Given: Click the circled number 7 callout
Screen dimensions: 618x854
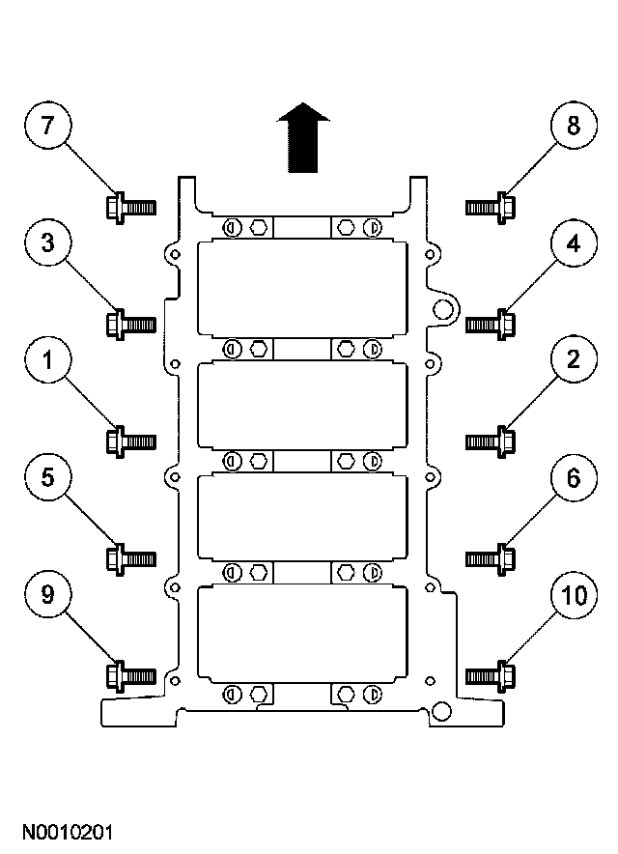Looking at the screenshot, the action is (48, 125).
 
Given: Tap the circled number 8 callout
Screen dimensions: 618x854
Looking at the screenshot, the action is (574, 125).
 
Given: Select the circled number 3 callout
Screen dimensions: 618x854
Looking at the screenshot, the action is (48, 242).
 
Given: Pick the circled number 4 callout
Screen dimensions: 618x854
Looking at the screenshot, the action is (574, 242).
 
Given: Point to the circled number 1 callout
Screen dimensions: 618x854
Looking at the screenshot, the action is (48, 360).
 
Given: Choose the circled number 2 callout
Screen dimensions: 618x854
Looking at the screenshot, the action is (574, 360).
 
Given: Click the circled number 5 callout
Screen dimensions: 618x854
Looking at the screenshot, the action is (48, 477).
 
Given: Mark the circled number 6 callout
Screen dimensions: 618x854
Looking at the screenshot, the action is (574, 477).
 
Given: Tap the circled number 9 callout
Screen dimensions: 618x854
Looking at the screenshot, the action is (48, 595).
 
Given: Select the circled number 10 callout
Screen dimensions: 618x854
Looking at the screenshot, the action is (574, 595).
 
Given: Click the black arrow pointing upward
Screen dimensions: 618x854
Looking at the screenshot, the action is (303, 137).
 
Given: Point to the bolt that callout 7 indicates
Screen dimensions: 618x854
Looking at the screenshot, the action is (130, 208).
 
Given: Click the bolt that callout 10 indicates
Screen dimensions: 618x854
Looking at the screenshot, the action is (491, 677).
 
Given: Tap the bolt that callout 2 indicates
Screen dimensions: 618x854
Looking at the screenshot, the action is (491, 441).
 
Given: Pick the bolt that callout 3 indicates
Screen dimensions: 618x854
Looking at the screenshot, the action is (130, 325).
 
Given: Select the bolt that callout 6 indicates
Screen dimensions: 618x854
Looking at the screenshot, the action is (491, 558).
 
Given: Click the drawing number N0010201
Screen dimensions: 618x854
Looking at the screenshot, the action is (68, 833).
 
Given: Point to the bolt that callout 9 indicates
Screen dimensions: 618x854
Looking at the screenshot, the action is (130, 677).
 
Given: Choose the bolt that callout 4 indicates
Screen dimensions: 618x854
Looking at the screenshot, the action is (491, 325).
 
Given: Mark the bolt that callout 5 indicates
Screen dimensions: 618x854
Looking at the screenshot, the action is (130, 558).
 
